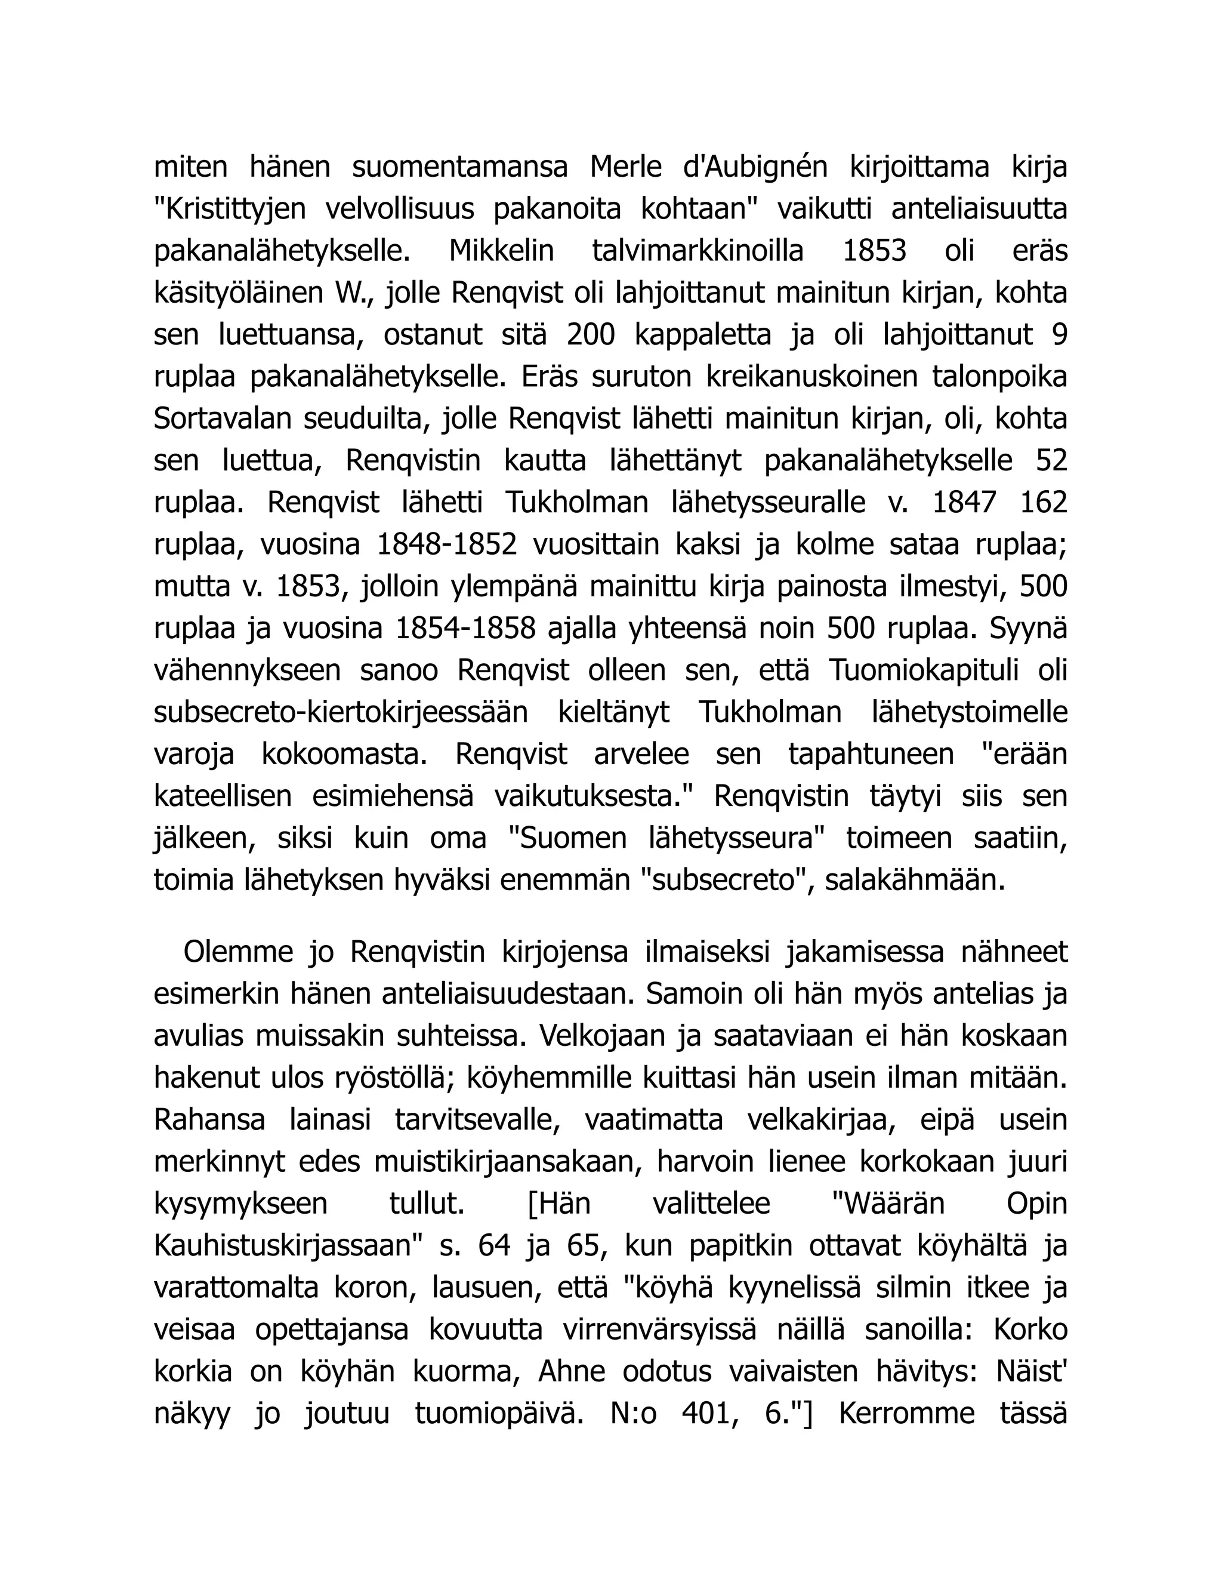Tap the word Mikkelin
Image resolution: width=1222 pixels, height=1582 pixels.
tap(501, 251)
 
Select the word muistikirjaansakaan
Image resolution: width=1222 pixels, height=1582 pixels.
tap(507, 1162)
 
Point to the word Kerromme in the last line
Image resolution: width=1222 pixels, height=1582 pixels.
tap(907, 1414)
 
